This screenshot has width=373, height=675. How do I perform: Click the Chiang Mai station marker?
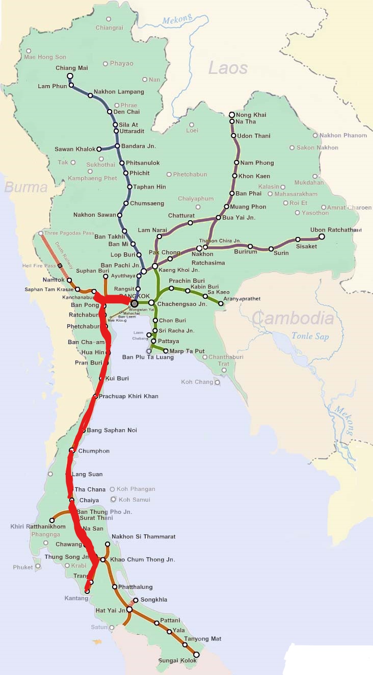tap(70, 76)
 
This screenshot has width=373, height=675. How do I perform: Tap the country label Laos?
tap(228, 68)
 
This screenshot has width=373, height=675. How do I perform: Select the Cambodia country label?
tap(292, 318)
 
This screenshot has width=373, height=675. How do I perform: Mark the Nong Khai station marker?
tap(232, 115)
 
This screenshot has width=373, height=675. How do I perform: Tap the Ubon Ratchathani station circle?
tap(322, 237)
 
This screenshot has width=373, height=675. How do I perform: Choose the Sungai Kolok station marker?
tap(196, 655)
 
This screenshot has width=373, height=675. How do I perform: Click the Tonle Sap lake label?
tap(310, 336)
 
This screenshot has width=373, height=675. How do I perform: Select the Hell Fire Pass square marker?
tap(60, 266)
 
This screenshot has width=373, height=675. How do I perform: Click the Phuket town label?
tap(23, 567)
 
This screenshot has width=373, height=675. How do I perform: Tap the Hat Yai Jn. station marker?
tap(129, 609)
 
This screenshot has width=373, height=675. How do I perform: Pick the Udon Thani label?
tap(253, 136)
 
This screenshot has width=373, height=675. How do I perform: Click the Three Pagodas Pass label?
tap(69, 233)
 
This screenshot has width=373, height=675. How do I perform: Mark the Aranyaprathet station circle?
tap(221, 304)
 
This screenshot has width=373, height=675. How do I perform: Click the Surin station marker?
tap(271, 249)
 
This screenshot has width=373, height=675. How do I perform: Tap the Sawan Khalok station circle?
tap(99, 149)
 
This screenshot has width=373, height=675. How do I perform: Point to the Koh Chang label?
tap(197, 382)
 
